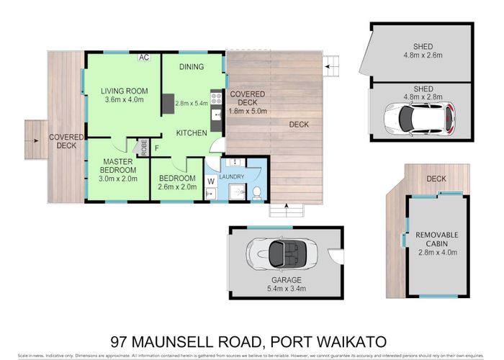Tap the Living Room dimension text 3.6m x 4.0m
125,102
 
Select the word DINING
192,67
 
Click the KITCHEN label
192,133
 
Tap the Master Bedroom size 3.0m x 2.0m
118,179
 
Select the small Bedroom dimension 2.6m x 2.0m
178,188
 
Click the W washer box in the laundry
211,181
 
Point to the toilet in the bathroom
257,192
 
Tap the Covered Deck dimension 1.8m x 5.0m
248,112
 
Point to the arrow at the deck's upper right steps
328,68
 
